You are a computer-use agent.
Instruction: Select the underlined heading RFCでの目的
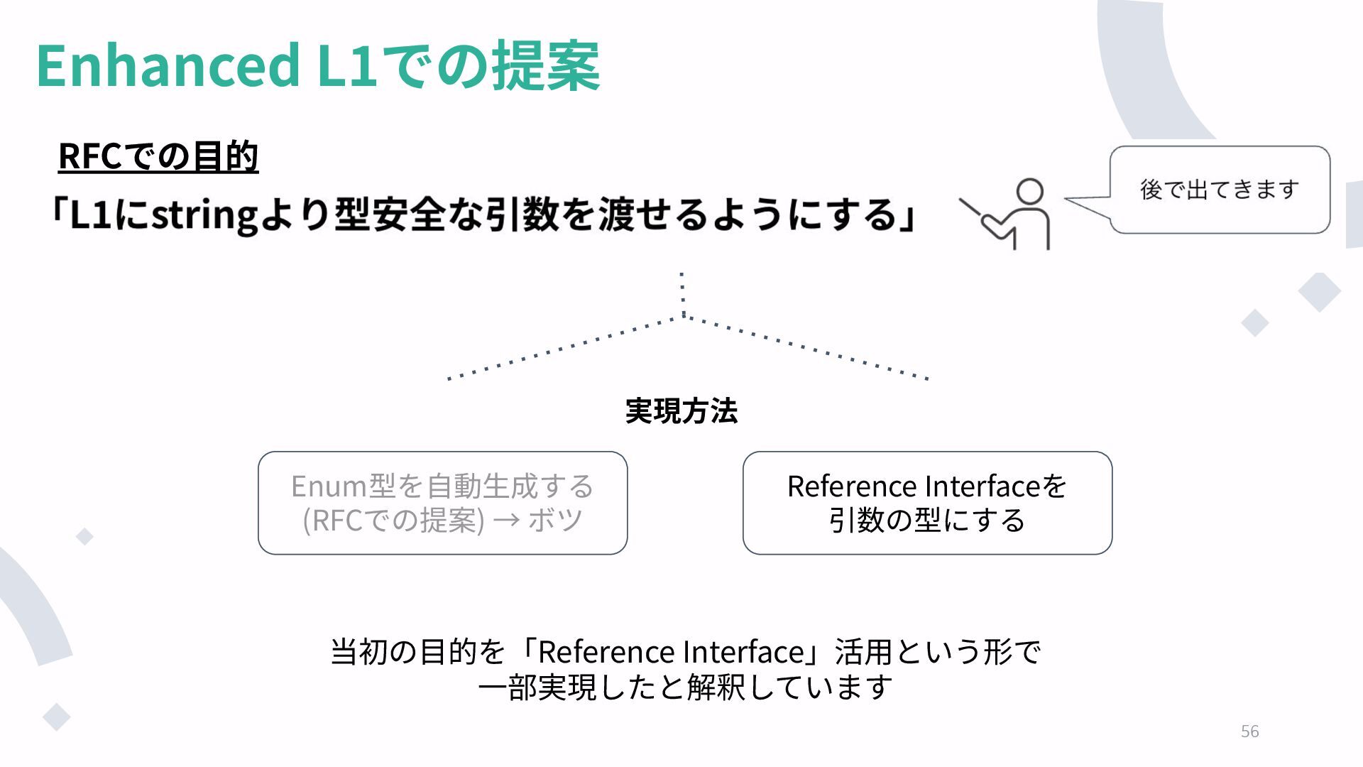click(x=158, y=156)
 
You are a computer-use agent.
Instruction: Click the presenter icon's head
click(x=1029, y=192)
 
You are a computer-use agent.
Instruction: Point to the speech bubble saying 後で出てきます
click(x=1219, y=190)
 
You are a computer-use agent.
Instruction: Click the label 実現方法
click(x=681, y=411)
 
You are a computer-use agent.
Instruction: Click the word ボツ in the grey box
click(x=555, y=521)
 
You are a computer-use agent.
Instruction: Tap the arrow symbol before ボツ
click(x=506, y=521)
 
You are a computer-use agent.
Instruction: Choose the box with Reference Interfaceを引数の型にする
click(x=927, y=503)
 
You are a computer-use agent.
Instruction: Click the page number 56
click(x=1249, y=731)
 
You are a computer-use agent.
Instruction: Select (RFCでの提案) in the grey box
click(x=393, y=521)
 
